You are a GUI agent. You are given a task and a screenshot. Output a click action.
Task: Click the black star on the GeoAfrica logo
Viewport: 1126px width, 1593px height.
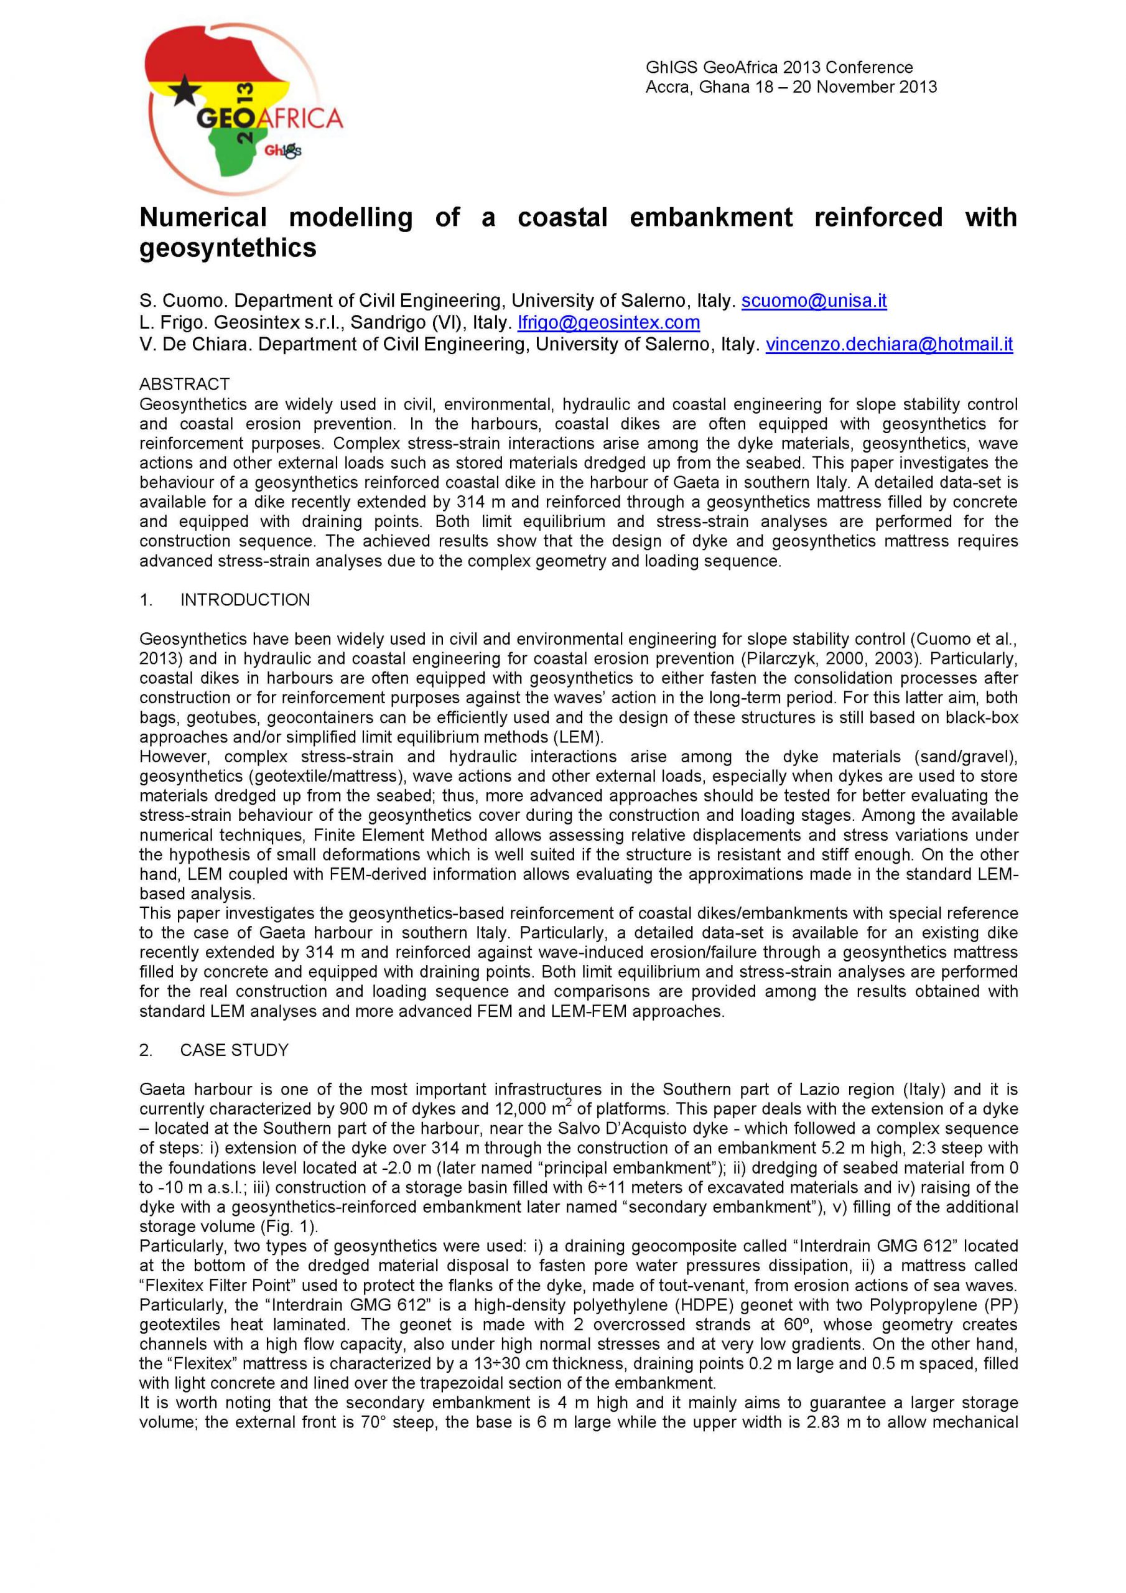tap(185, 90)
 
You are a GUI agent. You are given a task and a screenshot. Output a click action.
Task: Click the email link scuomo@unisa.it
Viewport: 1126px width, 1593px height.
tap(814, 301)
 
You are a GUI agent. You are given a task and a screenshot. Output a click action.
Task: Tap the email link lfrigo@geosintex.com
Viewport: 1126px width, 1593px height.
tap(608, 322)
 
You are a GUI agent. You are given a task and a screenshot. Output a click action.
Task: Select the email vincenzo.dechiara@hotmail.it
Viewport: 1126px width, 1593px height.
tap(889, 345)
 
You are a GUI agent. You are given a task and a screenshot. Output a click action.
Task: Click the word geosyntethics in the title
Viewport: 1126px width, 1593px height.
tap(228, 248)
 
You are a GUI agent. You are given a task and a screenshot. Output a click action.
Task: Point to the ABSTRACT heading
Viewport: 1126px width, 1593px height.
tap(184, 384)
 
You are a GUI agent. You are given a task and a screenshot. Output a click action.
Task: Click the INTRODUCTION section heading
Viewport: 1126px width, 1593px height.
tap(245, 600)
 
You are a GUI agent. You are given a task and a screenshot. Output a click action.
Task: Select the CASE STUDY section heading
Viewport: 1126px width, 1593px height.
tap(234, 1050)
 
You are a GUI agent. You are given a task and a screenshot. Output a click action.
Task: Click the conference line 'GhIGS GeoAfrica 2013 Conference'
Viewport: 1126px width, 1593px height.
tap(779, 67)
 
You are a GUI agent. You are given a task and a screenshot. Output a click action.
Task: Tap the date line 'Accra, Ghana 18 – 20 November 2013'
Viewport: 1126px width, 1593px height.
tap(791, 86)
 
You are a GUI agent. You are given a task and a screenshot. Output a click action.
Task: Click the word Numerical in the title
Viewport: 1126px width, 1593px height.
tap(203, 217)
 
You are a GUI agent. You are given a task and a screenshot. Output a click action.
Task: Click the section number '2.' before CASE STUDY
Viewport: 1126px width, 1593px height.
tap(146, 1050)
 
